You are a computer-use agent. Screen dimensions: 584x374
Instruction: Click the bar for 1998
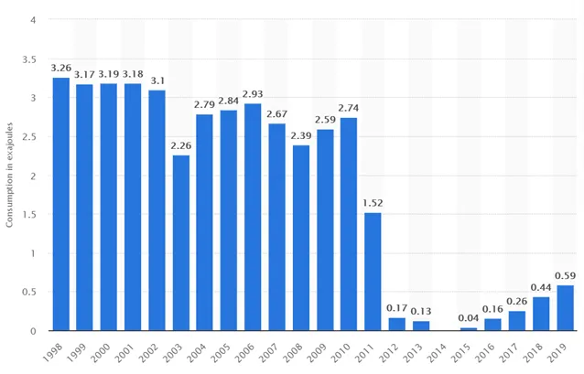pos(60,204)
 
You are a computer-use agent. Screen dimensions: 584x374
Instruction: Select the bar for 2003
pos(181,242)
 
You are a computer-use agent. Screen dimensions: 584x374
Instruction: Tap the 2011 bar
pos(373,272)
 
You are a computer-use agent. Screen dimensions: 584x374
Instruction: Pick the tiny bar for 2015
pos(469,329)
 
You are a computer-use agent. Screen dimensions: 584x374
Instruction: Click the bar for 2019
pos(566,308)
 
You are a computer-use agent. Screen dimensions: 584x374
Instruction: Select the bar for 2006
pos(253,217)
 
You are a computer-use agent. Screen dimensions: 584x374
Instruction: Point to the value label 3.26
pos(61,68)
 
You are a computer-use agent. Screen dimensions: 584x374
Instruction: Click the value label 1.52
pos(373,203)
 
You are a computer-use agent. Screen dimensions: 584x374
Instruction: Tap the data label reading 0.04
pos(469,318)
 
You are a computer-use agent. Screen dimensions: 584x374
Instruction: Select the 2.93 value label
pos(253,94)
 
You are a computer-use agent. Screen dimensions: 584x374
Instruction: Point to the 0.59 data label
pos(566,276)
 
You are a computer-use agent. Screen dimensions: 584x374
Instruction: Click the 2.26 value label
pos(181,145)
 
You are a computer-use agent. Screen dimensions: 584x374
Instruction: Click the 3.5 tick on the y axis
pos(29,59)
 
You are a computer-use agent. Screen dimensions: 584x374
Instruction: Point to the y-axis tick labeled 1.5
pos(29,215)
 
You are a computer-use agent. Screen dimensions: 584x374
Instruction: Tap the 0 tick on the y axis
pos(34,331)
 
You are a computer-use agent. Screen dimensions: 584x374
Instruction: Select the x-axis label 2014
pos(436,353)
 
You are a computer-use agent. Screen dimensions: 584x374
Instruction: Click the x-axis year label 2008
pos(292,353)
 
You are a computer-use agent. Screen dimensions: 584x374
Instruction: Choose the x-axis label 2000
pos(100,353)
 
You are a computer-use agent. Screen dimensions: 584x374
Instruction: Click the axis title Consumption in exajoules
pos(9,175)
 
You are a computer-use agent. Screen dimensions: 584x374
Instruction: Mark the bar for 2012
pos(396,324)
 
